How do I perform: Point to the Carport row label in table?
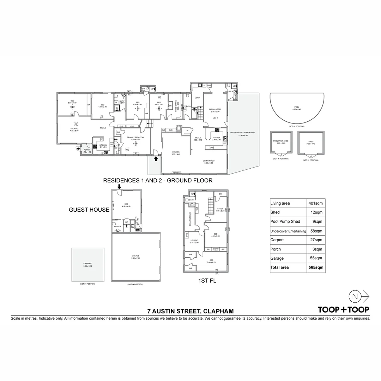[277, 240]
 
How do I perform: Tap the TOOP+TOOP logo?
[343, 310]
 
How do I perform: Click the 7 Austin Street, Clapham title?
[190, 311]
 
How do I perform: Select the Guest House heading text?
[89, 210]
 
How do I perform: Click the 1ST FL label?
[207, 281]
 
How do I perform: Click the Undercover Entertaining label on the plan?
[242, 133]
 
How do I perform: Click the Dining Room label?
[208, 161]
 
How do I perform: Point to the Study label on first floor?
[220, 209]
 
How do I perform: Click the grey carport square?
[88, 264]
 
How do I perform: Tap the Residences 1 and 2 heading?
[157, 181]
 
